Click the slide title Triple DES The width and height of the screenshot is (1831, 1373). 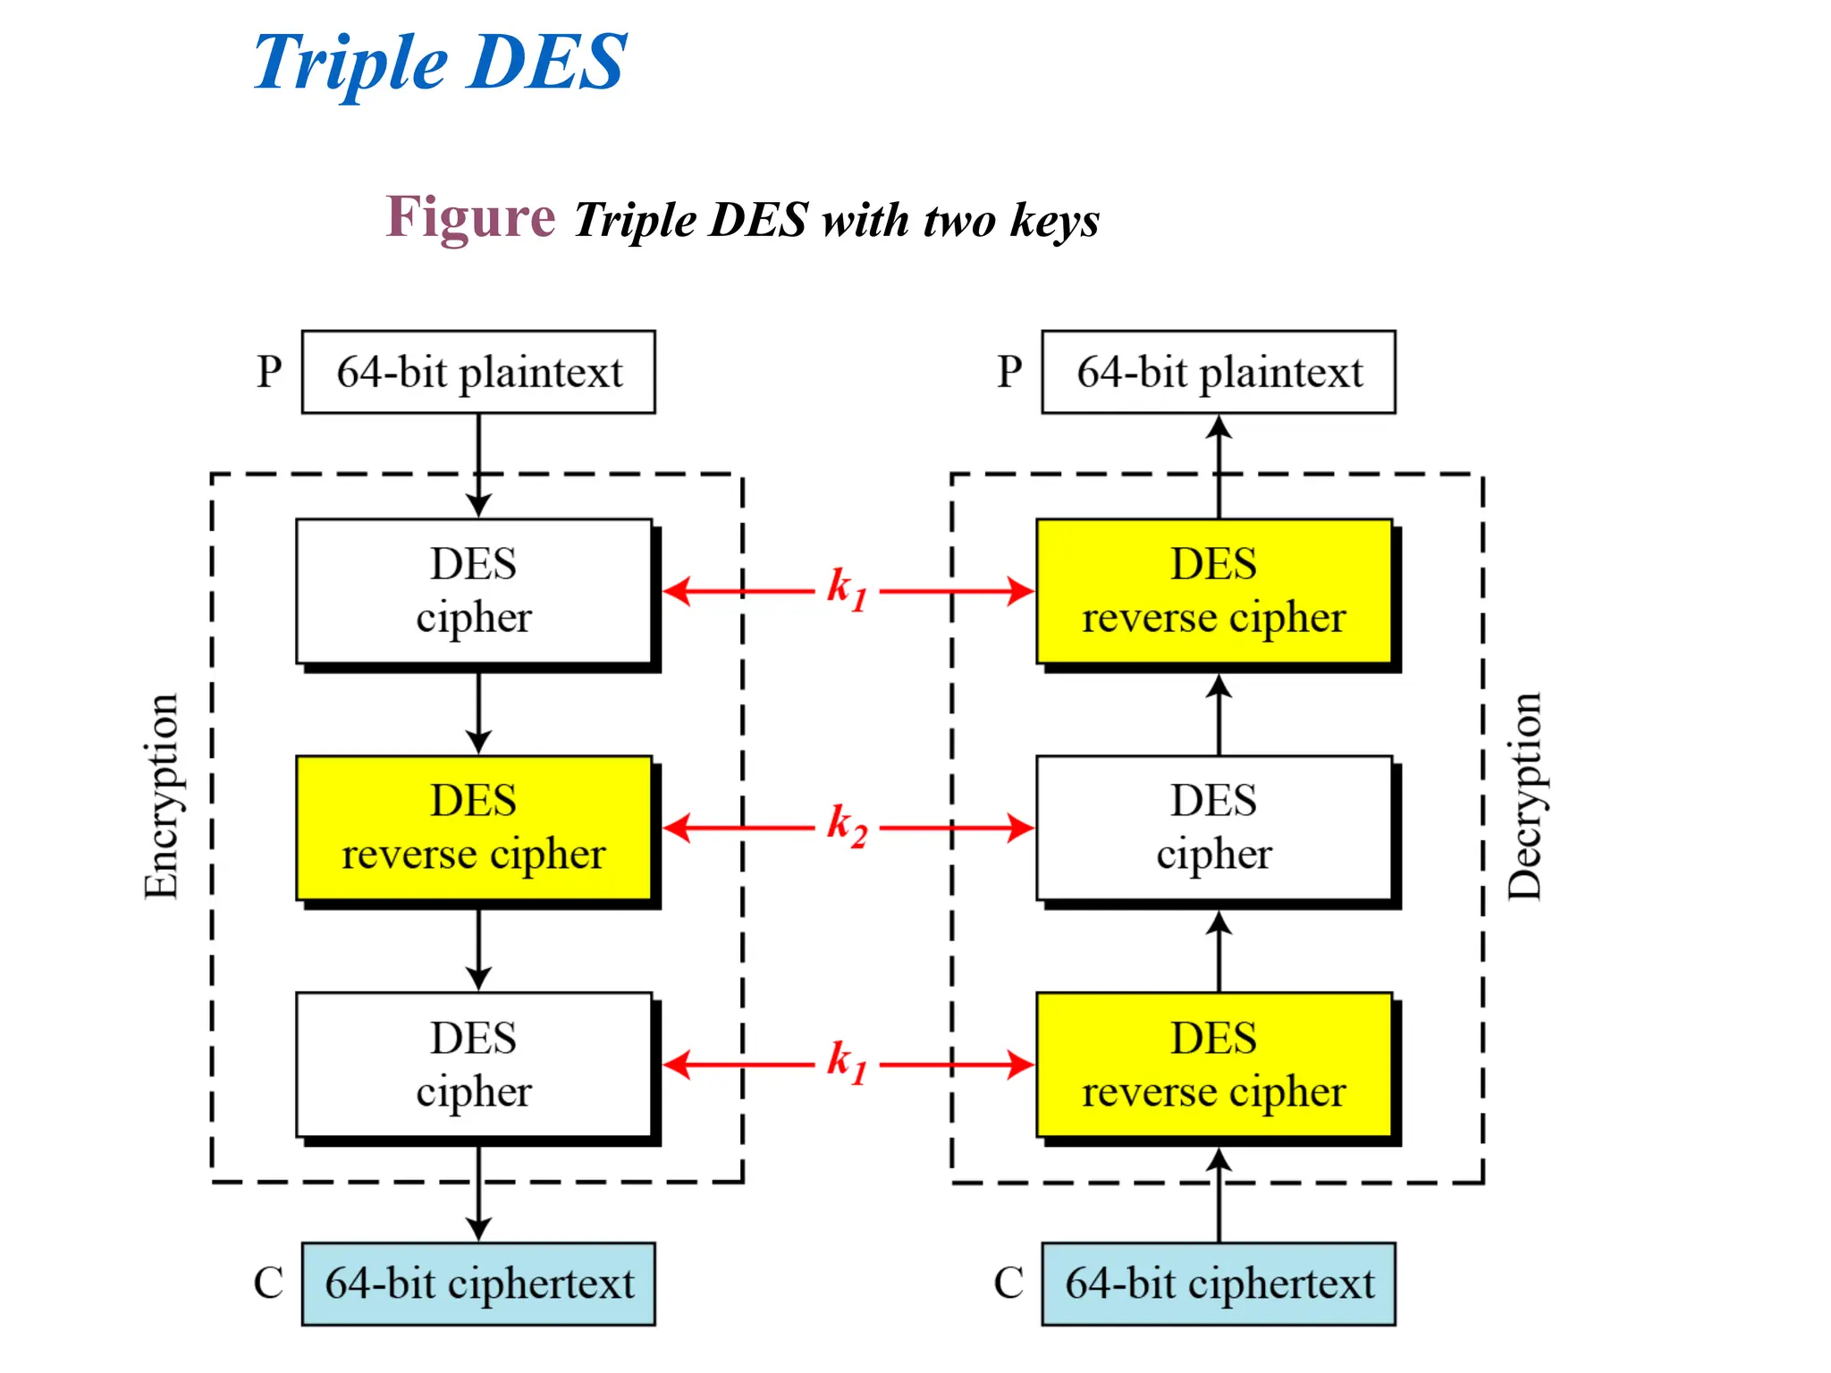440,63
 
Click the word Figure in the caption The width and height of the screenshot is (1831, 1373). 470,217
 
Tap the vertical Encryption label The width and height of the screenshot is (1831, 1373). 162,796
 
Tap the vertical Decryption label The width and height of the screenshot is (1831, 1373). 1525,796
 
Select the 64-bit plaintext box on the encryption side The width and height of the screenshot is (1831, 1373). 478,372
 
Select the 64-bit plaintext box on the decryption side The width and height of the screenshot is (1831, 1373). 1219,372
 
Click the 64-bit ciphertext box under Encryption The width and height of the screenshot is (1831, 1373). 478,1284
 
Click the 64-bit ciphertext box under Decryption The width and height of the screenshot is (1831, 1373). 1219,1284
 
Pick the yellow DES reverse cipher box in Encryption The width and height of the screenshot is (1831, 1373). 474,828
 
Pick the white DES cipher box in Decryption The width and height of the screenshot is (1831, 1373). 1214,828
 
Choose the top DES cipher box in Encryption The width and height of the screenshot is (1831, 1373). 474,591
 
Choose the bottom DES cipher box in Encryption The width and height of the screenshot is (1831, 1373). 474,1065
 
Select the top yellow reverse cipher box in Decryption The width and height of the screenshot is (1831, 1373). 1214,591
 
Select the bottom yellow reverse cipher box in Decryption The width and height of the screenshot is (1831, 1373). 1214,1065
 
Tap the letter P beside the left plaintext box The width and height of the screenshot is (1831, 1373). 269,372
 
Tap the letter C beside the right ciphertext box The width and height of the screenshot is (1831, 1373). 1008,1284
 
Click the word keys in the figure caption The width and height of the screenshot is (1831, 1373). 1054,221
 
